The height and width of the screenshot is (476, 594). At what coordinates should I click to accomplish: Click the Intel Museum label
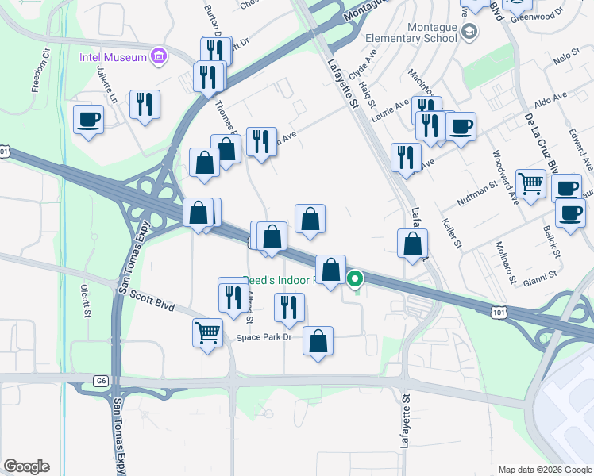(113, 57)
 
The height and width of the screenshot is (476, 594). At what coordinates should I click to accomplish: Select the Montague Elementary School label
(411, 32)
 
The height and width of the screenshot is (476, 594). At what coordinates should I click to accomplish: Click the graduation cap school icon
(469, 32)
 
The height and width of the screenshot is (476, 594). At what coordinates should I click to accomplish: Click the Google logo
(26, 466)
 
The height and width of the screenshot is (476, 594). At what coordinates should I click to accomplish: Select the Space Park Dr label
(264, 337)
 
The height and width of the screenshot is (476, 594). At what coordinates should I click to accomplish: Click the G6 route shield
(101, 382)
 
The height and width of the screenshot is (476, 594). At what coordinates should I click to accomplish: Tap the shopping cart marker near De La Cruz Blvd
(530, 183)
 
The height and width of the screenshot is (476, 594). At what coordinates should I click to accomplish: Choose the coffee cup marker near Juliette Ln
(88, 120)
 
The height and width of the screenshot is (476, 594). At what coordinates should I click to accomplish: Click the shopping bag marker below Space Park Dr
(318, 342)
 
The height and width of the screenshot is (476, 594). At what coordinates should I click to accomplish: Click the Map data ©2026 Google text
(544, 470)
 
